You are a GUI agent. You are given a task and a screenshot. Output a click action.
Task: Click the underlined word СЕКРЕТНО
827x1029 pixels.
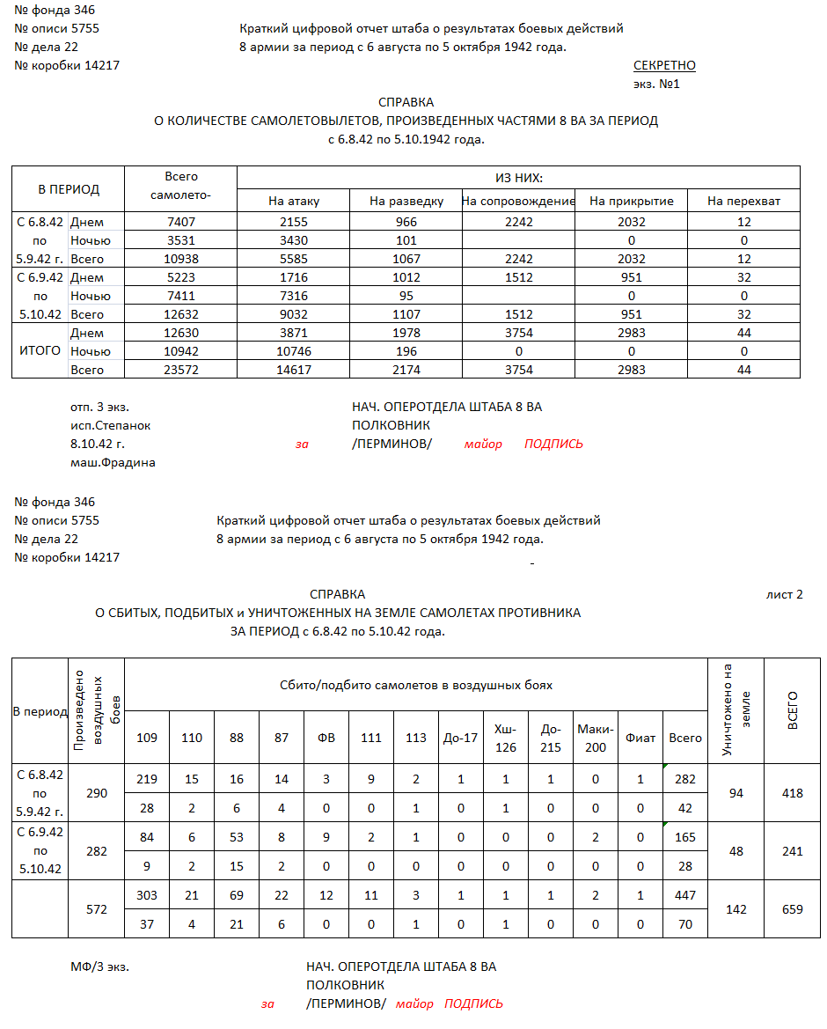tap(664, 66)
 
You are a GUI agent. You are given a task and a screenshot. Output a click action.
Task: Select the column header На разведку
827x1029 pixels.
tap(406, 202)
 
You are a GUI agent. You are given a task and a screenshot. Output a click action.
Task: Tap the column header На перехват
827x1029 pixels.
tap(743, 202)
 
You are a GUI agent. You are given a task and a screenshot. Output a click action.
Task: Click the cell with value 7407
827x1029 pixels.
tap(181, 222)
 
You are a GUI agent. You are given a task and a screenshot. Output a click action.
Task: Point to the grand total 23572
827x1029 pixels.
tap(181, 370)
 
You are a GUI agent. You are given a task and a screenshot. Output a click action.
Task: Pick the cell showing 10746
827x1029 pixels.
tap(294, 351)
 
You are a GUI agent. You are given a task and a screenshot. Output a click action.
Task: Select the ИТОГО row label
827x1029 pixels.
tap(40, 350)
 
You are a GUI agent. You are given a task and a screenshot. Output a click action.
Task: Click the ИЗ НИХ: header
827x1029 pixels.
tap(518, 177)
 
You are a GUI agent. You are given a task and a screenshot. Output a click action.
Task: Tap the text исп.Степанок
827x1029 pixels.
tap(110, 425)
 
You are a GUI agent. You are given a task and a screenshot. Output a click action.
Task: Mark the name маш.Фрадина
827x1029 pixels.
tap(113, 462)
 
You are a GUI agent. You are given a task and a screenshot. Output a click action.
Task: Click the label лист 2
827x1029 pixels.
tap(785, 594)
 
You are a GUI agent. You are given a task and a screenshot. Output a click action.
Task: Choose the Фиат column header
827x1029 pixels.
tap(640, 738)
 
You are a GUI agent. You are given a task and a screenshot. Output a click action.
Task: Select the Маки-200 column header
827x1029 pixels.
tap(596, 738)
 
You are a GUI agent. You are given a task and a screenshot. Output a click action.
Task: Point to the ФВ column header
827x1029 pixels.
tap(326, 738)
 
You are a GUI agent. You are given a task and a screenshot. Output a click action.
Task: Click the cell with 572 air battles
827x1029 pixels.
tap(96, 909)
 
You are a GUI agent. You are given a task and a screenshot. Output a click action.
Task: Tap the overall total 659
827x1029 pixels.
tap(792, 909)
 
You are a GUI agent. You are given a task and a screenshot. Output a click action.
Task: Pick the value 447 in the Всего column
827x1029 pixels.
tap(685, 895)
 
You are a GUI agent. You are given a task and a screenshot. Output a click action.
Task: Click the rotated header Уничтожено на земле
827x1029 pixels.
tap(736, 709)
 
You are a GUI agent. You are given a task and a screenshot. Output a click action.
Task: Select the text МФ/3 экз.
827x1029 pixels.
tap(99, 967)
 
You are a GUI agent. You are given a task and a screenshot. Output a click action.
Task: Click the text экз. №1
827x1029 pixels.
tap(656, 85)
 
